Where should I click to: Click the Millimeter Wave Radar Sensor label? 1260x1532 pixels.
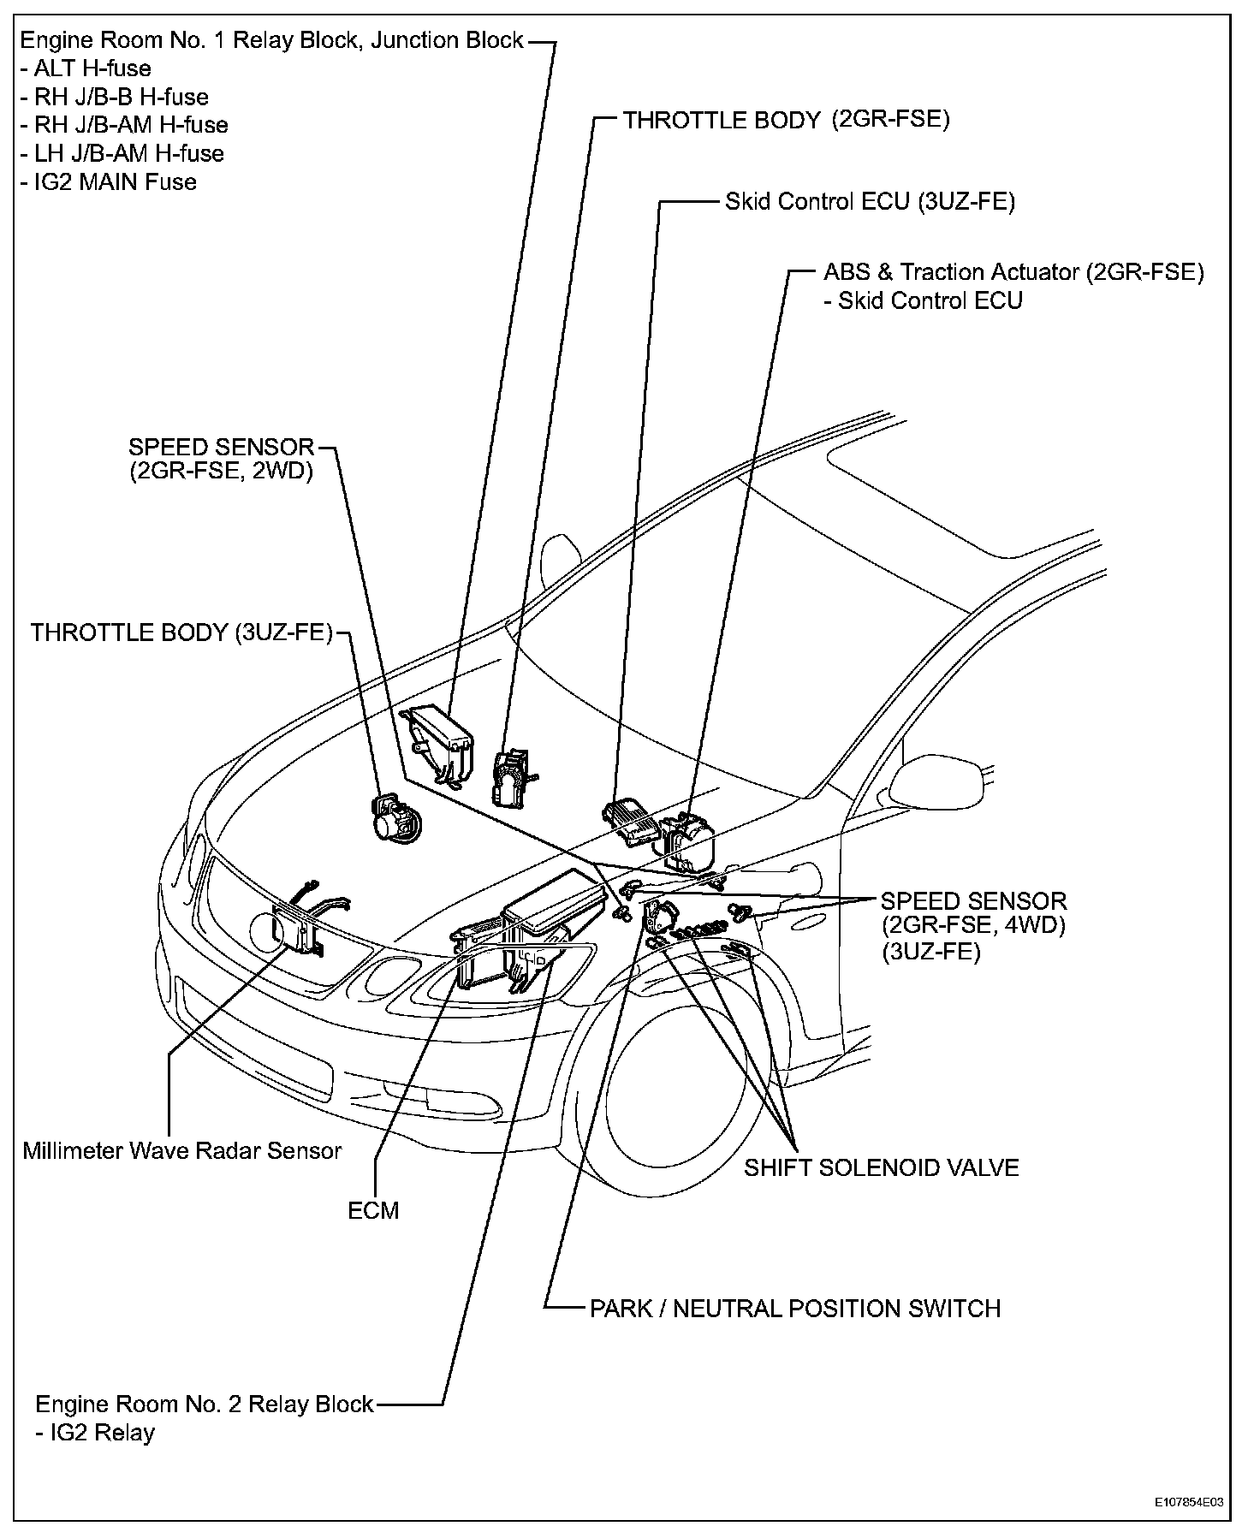pyautogui.click(x=181, y=1150)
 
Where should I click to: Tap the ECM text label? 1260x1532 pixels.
pyautogui.click(x=373, y=1210)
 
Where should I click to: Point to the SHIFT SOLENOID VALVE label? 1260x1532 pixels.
pyautogui.click(x=881, y=1167)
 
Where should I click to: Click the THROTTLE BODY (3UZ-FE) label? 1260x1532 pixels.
pyautogui.click(x=181, y=632)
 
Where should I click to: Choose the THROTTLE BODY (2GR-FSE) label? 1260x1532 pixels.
pyautogui.click(x=786, y=120)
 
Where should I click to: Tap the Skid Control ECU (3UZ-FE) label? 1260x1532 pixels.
pyautogui.click(x=870, y=202)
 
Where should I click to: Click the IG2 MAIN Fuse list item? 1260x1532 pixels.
pyautogui.click(x=109, y=181)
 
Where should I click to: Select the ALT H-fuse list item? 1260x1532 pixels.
pyautogui.click(x=86, y=68)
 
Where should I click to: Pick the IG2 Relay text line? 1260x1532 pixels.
pyautogui.click(x=96, y=1432)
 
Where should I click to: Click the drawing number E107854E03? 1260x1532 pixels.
pyautogui.click(x=1188, y=1502)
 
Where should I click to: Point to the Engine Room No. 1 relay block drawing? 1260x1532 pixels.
pyautogui.click(x=442, y=742)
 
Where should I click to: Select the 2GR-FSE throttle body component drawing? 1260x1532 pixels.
pyautogui.click(x=512, y=775)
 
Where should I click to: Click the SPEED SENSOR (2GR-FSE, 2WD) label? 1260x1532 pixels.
pyautogui.click(x=221, y=459)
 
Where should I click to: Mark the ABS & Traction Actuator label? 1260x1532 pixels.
pyautogui.click(x=1013, y=272)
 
